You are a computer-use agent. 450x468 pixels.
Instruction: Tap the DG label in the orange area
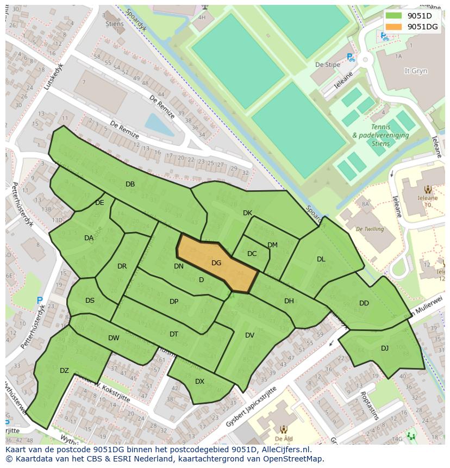(216, 263)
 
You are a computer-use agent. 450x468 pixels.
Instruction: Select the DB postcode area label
(130, 184)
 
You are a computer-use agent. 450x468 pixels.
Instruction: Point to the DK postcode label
(247, 213)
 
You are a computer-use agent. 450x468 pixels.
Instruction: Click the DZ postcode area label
(64, 371)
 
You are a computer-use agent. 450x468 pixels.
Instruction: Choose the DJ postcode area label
(385, 348)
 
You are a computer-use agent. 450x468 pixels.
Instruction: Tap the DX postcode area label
(199, 382)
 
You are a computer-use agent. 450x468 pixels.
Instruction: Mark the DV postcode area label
(249, 335)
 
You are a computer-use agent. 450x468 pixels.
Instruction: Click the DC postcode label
(252, 254)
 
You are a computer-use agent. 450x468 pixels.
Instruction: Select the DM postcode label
(272, 245)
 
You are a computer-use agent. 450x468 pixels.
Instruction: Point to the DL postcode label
(321, 259)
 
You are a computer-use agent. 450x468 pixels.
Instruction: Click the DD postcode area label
(364, 303)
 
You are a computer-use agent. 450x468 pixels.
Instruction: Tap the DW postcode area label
(114, 338)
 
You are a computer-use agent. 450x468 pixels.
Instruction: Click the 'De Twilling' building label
(370, 229)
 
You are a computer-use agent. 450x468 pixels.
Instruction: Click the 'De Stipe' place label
(328, 65)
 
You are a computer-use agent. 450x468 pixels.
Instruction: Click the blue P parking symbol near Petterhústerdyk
(40, 300)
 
